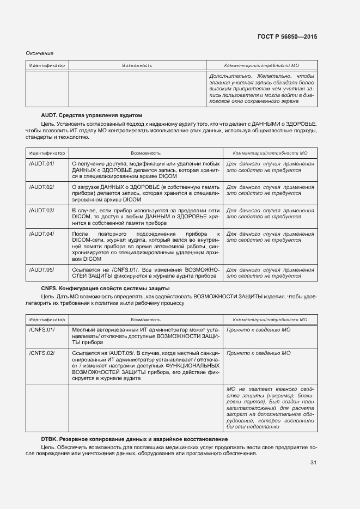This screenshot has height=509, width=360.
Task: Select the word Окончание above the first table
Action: tap(40, 53)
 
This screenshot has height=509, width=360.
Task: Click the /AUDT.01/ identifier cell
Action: tap(42, 163)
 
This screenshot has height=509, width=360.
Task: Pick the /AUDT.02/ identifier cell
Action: tap(42, 187)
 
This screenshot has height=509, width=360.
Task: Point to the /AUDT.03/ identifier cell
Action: tap(42, 210)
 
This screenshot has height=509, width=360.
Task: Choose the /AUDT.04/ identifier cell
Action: tap(42, 234)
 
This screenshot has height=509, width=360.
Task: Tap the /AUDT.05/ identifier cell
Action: tap(42, 269)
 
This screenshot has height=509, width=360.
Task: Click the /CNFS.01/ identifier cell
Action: tap(42, 330)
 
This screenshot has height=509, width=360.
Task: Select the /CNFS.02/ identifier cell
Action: tap(42, 353)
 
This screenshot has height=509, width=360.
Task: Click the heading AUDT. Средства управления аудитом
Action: tap(91, 115)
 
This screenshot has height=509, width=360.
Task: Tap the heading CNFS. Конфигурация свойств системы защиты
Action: tap(105, 288)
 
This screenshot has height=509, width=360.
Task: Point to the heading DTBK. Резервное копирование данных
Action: tap(135, 439)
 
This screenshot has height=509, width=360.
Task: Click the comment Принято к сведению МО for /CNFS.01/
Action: tap(258, 330)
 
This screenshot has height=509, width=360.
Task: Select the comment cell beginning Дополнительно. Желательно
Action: tap(261, 88)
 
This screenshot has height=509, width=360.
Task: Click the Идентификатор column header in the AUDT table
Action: tap(47, 153)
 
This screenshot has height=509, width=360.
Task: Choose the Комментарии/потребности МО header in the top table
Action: tap(261, 65)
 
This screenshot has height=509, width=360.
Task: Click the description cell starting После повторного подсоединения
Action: tap(145, 245)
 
